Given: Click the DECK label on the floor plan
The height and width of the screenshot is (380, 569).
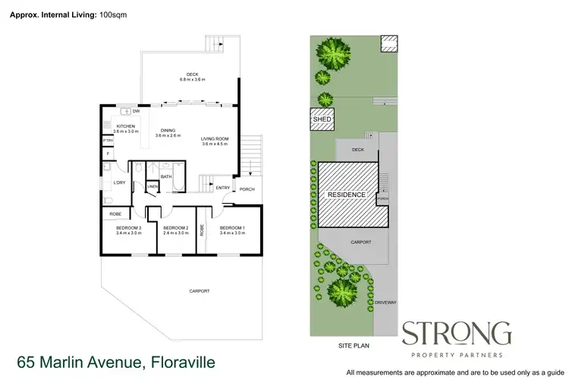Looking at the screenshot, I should tap(182, 74).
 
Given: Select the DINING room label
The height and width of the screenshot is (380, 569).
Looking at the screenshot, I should tap(168, 130).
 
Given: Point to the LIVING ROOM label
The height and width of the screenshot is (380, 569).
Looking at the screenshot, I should tap(215, 138).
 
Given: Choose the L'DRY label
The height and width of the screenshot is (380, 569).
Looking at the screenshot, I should tap(118, 182).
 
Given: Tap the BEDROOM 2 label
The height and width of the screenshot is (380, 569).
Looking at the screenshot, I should tap(175, 228).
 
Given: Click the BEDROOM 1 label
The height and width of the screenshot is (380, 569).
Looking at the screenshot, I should tap(232, 228).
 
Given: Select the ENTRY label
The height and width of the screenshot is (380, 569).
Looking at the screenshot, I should tap(222, 188).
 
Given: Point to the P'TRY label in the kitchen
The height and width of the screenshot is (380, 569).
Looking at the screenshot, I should tap(108, 141).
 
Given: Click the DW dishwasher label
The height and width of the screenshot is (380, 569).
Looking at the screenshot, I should tap(134, 112).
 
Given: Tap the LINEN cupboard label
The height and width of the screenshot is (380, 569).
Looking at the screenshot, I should tap(152, 185).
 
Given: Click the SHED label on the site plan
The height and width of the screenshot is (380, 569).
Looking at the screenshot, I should tap(321, 119).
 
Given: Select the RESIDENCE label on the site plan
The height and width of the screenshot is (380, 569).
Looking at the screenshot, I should tap(346, 195).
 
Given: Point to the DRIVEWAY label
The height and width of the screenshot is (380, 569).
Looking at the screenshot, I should tap(385, 302).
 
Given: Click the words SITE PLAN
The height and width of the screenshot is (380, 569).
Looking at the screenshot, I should tap(353, 346).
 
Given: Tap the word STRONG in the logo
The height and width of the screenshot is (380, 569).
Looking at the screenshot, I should tap(456, 334).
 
